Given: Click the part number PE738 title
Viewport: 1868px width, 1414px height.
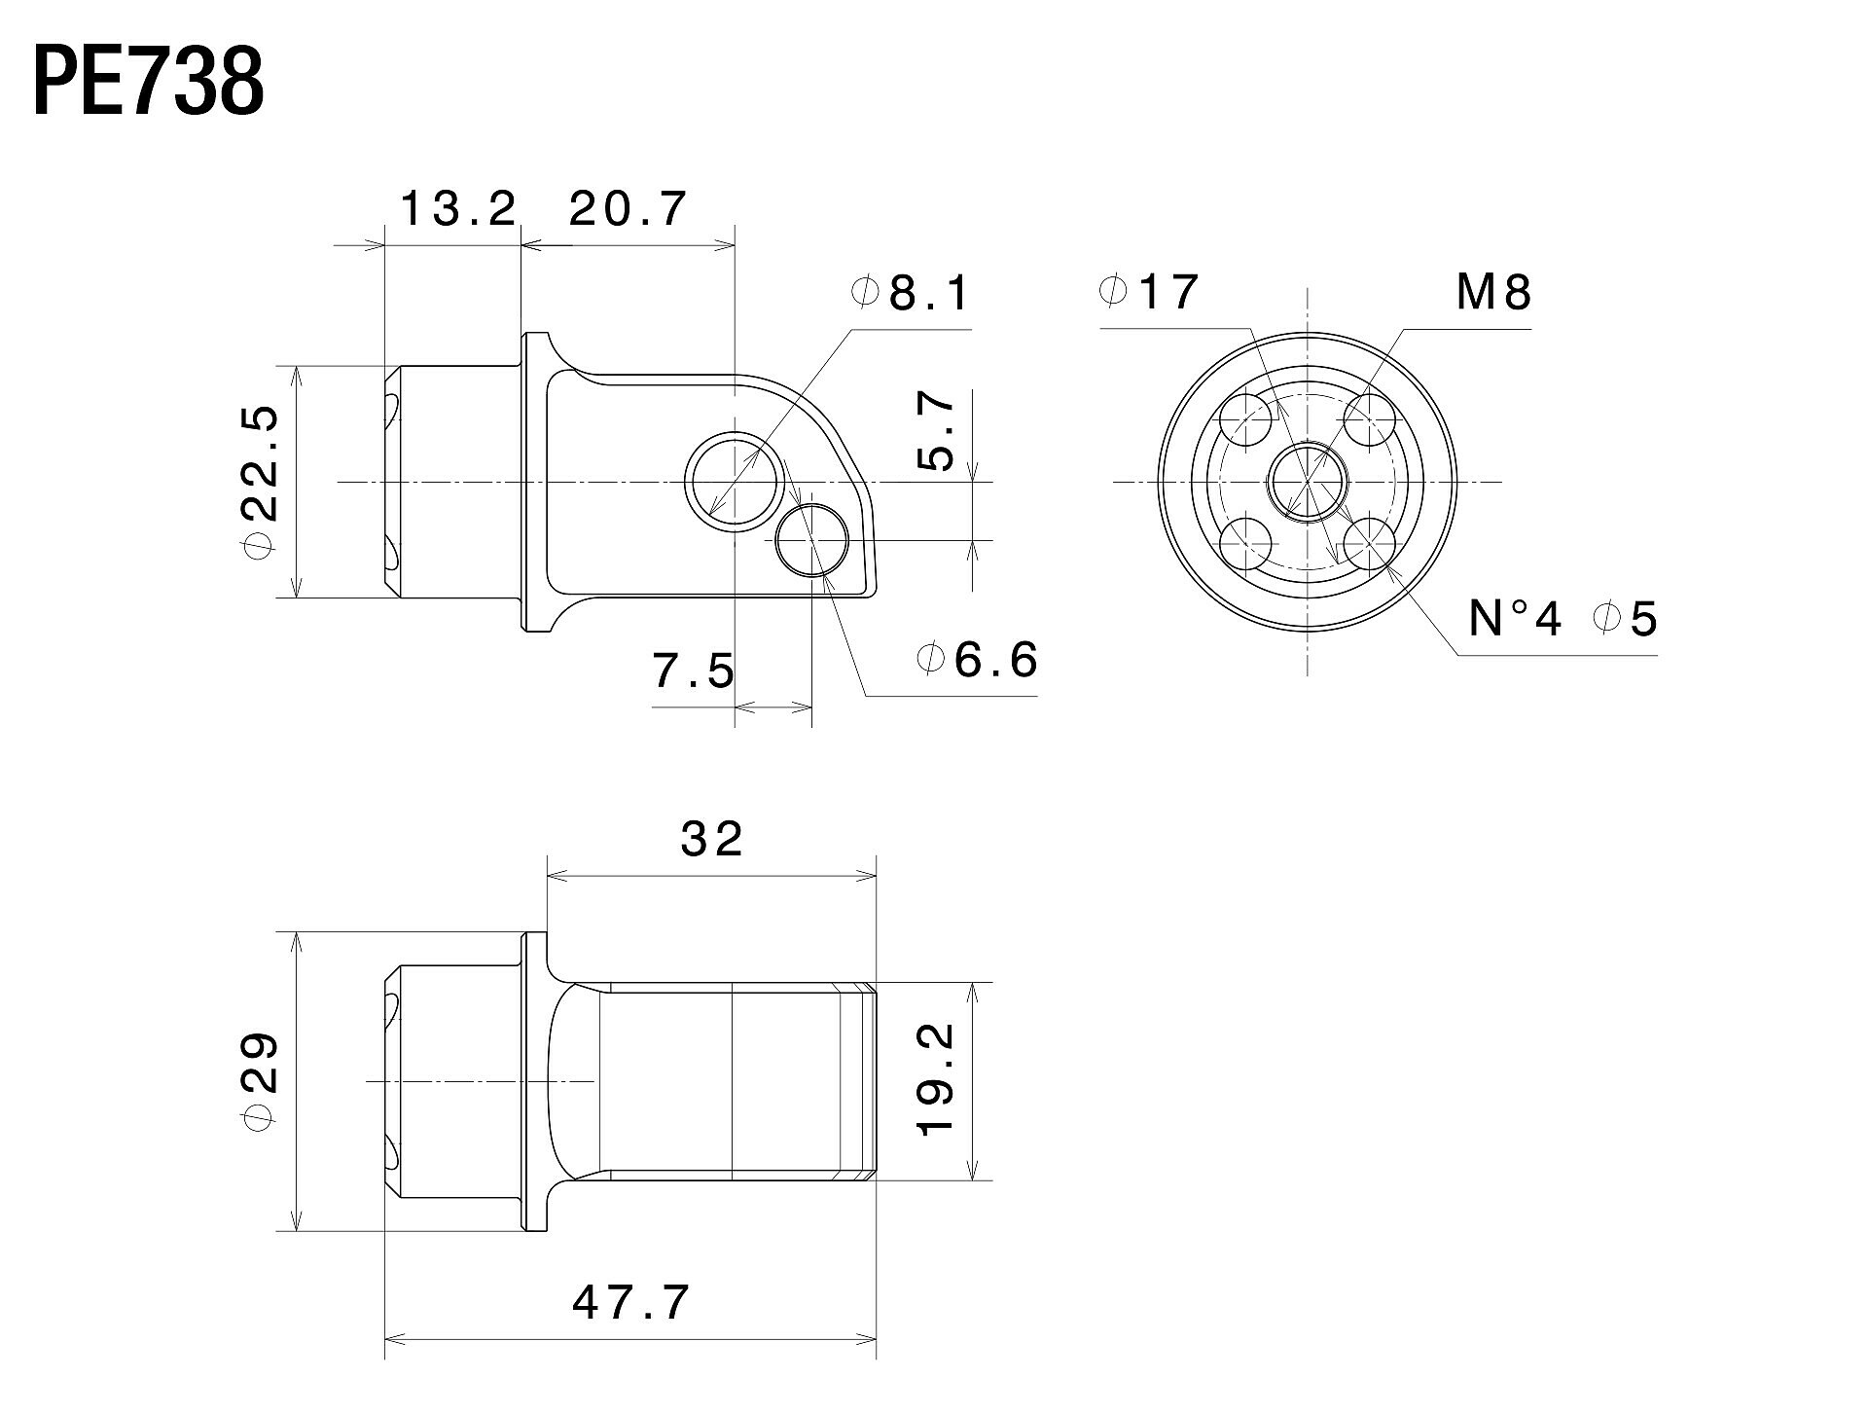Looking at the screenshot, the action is tap(149, 83).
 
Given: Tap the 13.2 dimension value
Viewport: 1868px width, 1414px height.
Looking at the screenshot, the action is tap(458, 209).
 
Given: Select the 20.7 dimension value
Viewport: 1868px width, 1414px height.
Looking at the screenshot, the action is tap(629, 209).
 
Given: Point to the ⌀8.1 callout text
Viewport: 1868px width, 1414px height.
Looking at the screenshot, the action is tap(911, 293).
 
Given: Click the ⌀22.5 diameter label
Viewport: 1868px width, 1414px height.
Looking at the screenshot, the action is tap(263, 482).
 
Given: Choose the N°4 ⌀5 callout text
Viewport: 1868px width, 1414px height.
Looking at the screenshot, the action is tap(1563, 619).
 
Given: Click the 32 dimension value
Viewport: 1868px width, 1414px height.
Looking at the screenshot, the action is tap(712, 838).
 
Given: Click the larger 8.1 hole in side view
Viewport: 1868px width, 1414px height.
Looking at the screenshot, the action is tap(735, 481).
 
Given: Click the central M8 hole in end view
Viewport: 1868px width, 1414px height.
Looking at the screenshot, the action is tap(1308, 482).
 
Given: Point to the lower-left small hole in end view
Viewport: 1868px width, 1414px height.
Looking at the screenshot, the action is tap(1247, 544).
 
